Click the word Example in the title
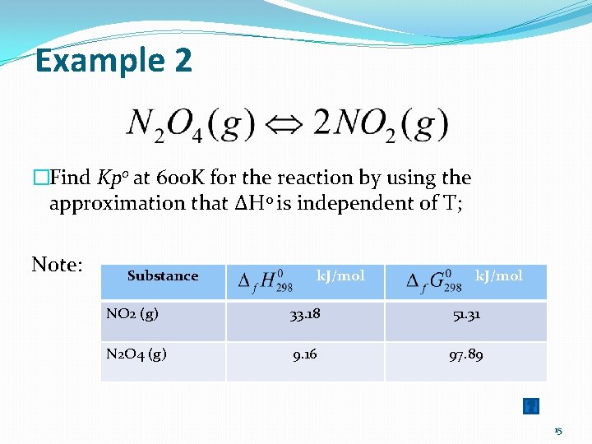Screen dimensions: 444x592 click(91, 61)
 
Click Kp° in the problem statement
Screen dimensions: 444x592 click(112, 178)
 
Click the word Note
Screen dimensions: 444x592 click(57, 264)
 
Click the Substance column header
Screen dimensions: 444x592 click(163, 276)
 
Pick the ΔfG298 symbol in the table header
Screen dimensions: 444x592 click(435, 280)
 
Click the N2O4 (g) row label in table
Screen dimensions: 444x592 click(136, 354)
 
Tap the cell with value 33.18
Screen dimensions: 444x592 click(305, 316)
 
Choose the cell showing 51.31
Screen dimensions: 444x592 click(465, 316)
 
